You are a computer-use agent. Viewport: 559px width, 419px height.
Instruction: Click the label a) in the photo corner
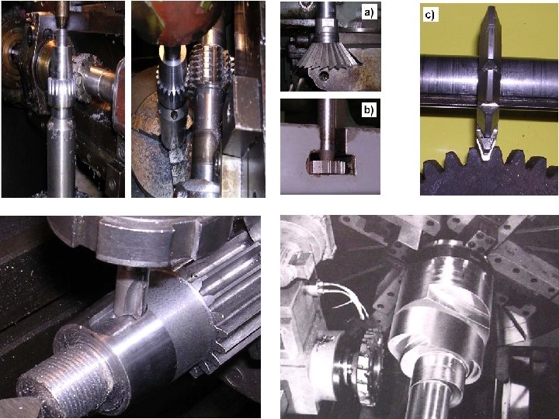369,13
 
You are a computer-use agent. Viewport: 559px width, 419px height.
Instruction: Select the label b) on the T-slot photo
369,110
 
